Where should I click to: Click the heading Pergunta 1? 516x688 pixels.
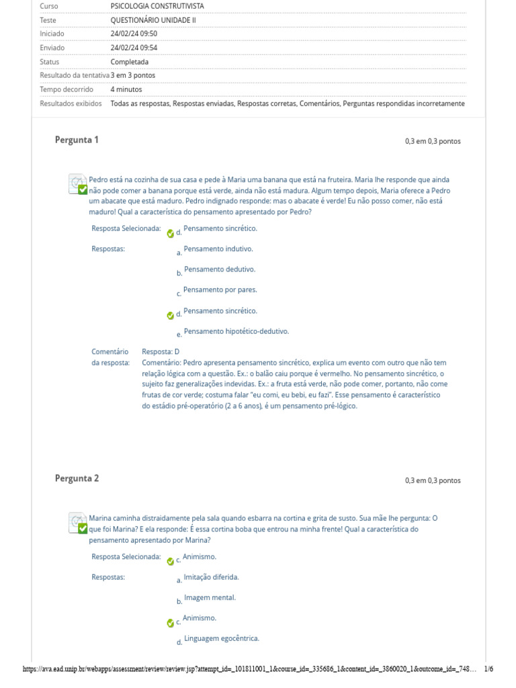click(x=77, y=140)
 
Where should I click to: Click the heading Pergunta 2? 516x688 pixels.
click(x=77, y=478)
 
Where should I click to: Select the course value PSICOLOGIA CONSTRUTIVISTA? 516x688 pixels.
click(x=157, y=6)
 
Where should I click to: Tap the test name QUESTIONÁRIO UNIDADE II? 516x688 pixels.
click(x=153, y=20)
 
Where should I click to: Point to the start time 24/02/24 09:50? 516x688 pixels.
click(x=134, y=34)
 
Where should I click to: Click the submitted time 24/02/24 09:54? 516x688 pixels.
click(x=134, y=48)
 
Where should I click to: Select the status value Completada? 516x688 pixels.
click(x=130, y=62)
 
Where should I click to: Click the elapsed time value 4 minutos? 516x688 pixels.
click(x=126, y=89)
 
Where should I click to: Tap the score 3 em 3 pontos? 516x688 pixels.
click(x=133, y=75)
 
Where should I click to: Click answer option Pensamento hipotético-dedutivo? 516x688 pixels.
click(x=236, y=331)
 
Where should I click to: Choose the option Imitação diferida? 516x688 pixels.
click(x=210, y=577)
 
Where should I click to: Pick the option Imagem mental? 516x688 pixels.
click(x=210, y=597)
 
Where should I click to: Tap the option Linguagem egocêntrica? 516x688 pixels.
click(x=221, y=638)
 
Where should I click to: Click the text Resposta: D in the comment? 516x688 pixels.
click(x=161, y=351)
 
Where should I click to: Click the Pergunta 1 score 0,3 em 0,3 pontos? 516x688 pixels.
click(x=433, y=141)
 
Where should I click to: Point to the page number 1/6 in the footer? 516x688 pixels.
click(x=488, y=669)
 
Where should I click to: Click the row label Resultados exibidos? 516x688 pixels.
click(x=71, y=103)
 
